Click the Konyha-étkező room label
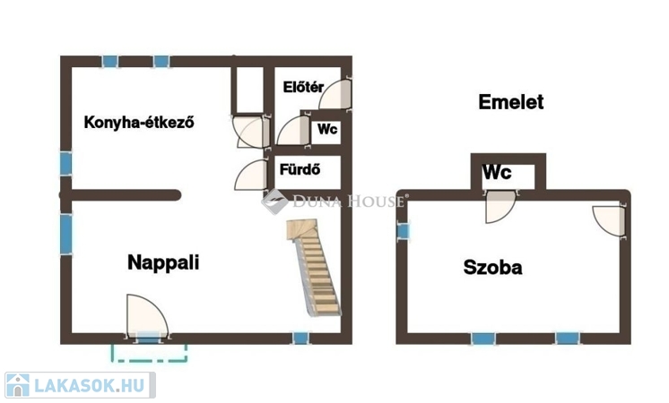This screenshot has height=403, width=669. click(x=139, y=123)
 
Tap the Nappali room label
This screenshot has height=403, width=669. click(x=162, y=262)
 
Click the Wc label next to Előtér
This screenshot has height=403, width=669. click(x=326, y=130)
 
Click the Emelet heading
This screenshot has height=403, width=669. click(x=510, y=102)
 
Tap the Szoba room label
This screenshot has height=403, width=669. click(x=493, y=266)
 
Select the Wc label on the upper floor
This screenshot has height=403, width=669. click(x=498, y=173)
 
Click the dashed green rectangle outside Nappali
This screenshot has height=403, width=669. click(x=149, y=352)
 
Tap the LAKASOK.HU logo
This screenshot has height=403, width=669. click(x=80, y=386)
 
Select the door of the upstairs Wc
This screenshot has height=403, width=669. click(x=500, y=207)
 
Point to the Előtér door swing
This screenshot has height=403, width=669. click(x=335, y=93)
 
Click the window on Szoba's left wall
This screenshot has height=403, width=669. click(x=403, y=230)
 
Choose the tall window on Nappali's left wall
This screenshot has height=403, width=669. click(x=66, y=233)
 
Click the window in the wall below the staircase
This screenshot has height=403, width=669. click(x=300, y=339)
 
